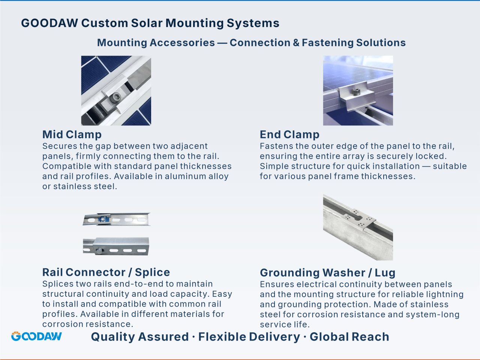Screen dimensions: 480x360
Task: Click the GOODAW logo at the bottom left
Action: [x=36, y=336]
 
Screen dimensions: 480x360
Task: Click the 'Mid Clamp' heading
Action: [x=72, y=134]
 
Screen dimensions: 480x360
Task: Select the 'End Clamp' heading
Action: [x=289, y=134]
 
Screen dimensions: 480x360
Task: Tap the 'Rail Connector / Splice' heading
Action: [x=106, y=272]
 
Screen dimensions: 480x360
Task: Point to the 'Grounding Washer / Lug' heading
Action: [x=328, y=273]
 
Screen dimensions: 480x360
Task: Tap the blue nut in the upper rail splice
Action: [x=103, y=219]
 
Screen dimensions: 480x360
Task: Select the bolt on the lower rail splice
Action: [x=99, y=251]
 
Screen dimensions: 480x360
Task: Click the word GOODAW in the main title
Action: [x=49, y=23]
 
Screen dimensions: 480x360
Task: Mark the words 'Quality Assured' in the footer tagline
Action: [x=140, y=337]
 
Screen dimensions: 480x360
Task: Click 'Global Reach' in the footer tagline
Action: [x=349, y=337]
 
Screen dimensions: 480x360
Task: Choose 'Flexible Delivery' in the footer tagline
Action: [x=249, y=337]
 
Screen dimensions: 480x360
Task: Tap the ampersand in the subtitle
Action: [x=296, y=43]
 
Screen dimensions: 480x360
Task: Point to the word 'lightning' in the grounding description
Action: [x=445, y=294]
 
